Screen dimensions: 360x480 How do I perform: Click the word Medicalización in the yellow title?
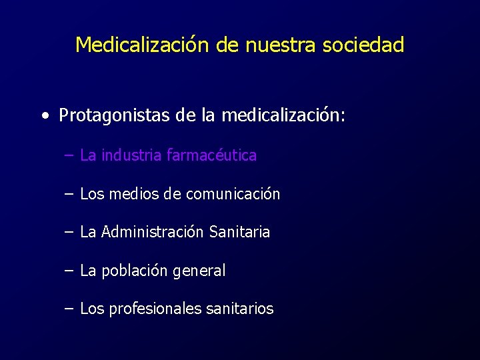[143, 45]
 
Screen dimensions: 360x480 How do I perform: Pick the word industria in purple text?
[131, 155]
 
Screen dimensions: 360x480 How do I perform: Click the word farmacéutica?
[211, 155]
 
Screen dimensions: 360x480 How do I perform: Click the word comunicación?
[233, 194]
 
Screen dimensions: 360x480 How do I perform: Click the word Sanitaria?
[239, 232]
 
